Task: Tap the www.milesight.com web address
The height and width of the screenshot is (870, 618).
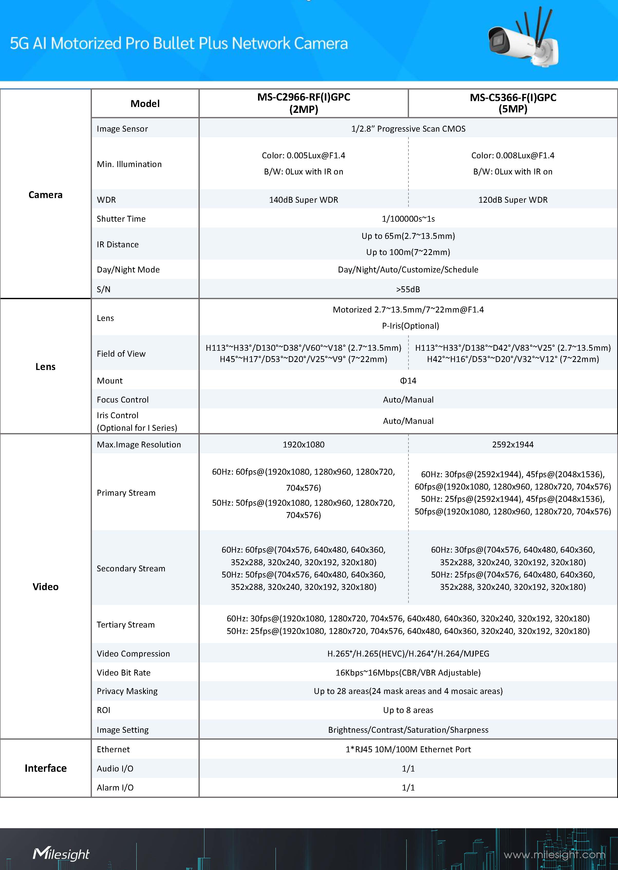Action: (x=554, y=855)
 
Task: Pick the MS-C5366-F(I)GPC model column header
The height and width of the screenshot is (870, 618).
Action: (x=512, y=103)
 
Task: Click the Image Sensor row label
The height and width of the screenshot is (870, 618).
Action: (x=122, y=129)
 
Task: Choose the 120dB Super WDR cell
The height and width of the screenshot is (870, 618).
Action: (x=512, y=200)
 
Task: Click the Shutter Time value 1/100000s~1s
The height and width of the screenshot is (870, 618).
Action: (x=408, y=219)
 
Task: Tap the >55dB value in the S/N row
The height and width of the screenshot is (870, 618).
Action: (x=408, y=289)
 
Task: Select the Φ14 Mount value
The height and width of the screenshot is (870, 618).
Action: (x=408, y=381)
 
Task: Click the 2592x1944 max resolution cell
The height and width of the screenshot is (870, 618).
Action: (x=512, y=445)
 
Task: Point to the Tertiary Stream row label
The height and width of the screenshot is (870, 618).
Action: (x=126, y=625)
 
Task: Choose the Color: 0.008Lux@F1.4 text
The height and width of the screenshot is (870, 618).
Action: (x=512, y=155)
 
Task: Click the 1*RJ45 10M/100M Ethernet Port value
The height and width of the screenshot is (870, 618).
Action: (x=408, y=749)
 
